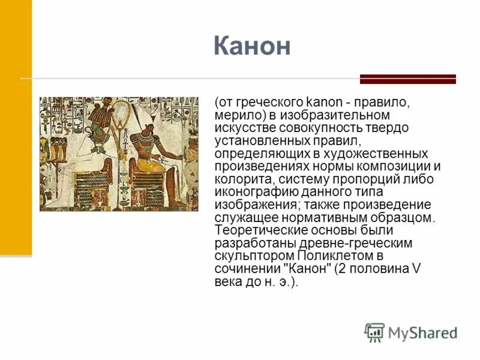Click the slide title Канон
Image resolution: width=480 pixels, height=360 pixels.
[x=251, y=46]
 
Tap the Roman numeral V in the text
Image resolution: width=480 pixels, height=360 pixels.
[x=416, y=269]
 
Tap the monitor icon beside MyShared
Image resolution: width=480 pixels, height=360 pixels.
[x=374, y=332]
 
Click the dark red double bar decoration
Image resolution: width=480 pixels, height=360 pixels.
[x=407, y=79]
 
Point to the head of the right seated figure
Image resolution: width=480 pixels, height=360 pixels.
[x=144, y=126]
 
